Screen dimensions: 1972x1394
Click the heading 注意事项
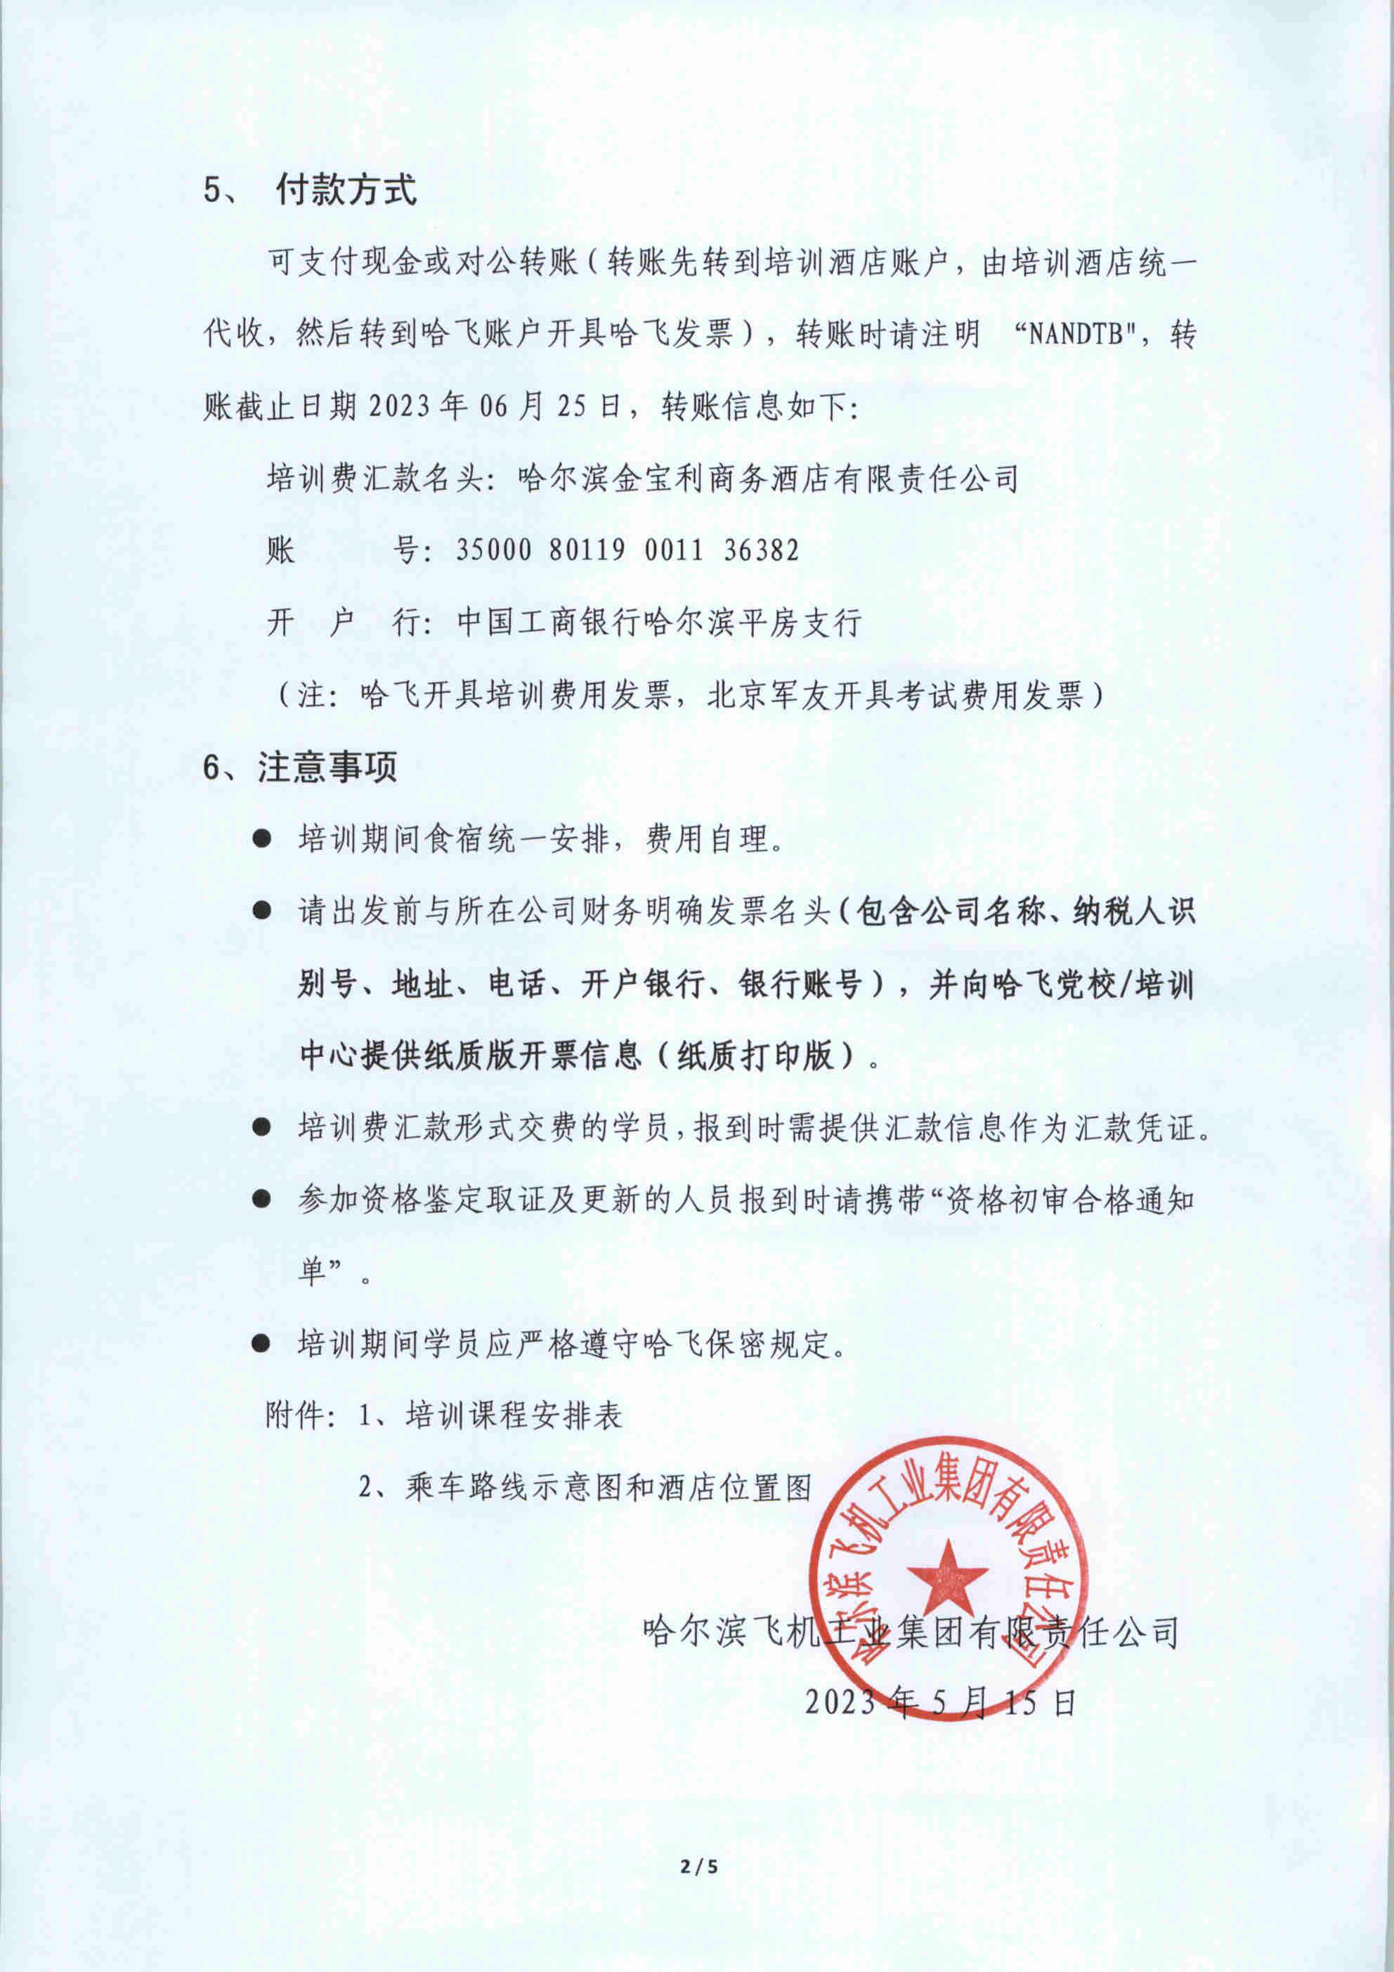(x=327, y=767)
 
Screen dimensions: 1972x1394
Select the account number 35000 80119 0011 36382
(x=627, y=550)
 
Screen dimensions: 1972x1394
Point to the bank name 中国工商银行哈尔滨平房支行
(x=659, y=623)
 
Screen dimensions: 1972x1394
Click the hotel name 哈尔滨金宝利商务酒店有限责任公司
(x=768, y=479)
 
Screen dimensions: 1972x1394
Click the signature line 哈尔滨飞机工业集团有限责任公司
(x=911, y=1631)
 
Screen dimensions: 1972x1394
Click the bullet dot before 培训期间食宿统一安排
(x=262, y=838)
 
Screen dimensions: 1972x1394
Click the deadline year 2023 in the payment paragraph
(x=401, y=407)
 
